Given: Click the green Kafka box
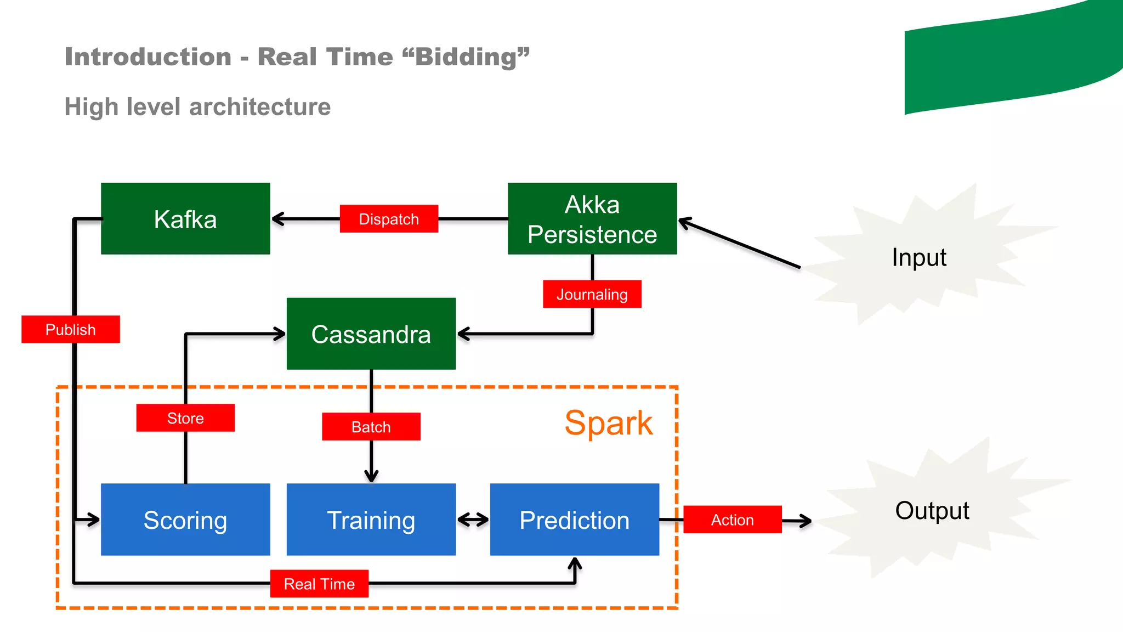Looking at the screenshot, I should coord(185,219).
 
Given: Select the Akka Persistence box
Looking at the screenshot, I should coord(592,219).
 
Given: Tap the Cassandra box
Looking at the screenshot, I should coord(371,334).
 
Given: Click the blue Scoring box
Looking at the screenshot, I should coord(185,520).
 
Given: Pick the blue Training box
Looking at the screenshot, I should coord(371,520).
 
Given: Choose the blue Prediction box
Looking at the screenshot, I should coord(575,520).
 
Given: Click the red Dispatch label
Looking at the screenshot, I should coord(389,219).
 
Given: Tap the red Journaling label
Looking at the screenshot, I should coord(592,295).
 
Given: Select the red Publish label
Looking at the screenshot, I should coord(71,330).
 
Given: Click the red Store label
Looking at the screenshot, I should coord(185,418).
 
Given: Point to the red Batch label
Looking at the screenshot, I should coord(371,427).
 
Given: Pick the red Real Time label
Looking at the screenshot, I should coord(319,584).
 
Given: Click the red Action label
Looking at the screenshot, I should coord(733,520).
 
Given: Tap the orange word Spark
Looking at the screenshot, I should coord(609,424).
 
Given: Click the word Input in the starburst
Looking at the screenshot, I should coord(919,257).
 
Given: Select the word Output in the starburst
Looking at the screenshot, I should coord(932,510).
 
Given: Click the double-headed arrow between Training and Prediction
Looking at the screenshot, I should coord(473,520).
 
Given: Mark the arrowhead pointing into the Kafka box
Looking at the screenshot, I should coord(277,219).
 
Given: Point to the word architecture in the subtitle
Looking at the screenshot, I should coord(260,107).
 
